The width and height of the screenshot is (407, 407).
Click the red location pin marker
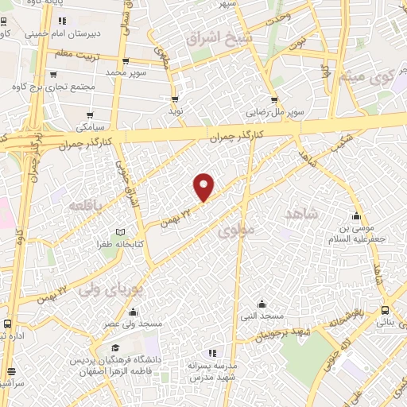click(x=204, y=186)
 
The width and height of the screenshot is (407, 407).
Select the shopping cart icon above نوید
click(x=175, y=99)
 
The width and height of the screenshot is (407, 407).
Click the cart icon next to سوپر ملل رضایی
click(x=274, y=100)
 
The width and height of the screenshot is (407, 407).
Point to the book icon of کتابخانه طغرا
click(x=120, y=231)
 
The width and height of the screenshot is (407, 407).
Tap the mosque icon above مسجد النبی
click(x=262, y=304)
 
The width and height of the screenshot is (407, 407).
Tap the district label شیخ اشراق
click(x=219, y=37)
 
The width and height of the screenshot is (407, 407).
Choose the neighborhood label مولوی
click(x=236, y=231)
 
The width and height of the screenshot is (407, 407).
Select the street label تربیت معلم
click(x=73, y=54)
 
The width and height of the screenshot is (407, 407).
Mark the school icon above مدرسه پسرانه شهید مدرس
click(x=211, y=352)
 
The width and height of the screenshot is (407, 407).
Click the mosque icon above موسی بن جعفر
click(x=357, y=217)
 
